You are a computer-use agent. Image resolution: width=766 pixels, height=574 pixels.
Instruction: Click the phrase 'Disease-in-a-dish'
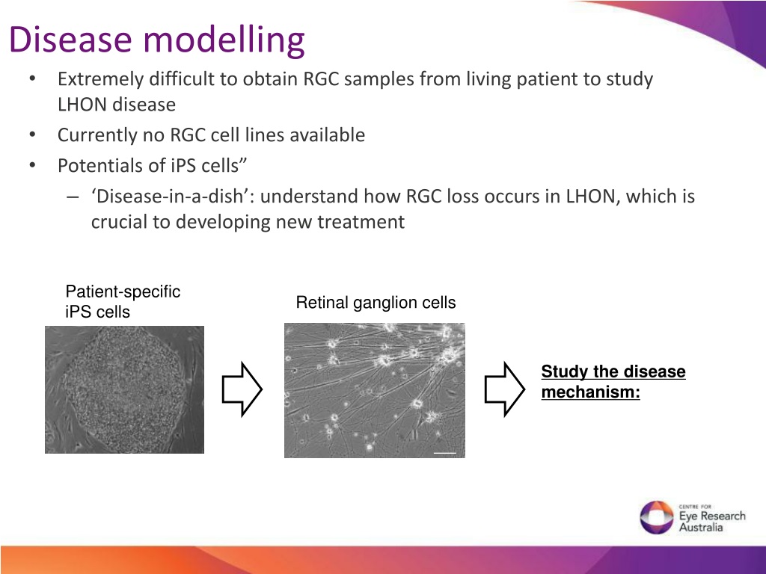click(173, 196)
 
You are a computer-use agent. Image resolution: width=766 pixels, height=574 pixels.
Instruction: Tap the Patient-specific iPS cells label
click(123, 301)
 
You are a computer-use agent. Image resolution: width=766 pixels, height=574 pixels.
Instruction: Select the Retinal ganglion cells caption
click(376, 303)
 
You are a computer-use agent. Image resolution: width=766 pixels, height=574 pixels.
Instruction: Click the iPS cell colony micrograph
click(125, 389)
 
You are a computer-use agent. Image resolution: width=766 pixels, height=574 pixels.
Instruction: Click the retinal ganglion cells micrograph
click(375, 390)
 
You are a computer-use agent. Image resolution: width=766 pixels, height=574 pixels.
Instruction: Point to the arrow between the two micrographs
click(242, 389)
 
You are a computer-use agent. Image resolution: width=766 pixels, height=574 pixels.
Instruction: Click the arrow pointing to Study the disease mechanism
click(505, 389)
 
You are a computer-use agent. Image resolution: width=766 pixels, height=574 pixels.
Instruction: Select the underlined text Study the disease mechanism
click(613, 381)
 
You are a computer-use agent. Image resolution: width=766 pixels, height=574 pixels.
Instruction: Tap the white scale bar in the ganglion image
click(444, 453)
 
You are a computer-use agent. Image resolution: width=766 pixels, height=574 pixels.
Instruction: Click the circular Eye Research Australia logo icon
click(657, 517)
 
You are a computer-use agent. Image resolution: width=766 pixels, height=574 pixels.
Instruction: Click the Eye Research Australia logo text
click(712, 518)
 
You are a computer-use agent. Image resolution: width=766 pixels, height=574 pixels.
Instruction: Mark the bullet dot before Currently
click(32, 134)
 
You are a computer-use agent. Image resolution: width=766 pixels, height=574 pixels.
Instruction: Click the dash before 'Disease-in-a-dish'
click(73, 197)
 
